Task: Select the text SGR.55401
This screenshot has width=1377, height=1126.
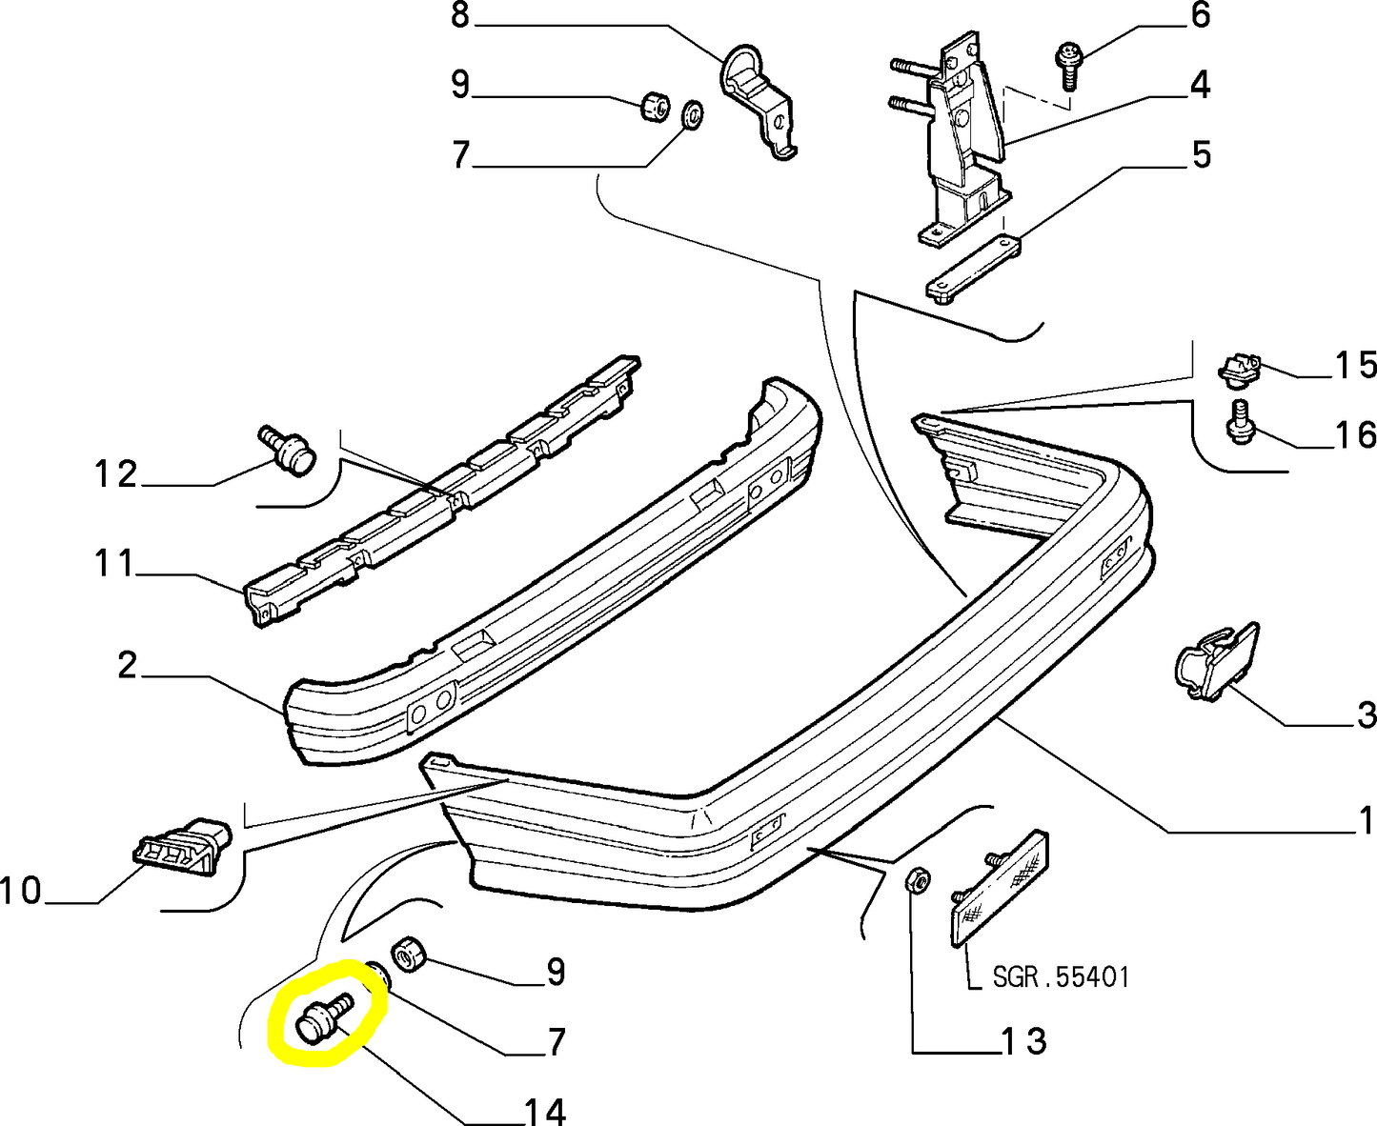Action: click(x=1061, y=977)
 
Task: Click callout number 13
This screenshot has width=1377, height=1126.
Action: click(x=1023, y=1040)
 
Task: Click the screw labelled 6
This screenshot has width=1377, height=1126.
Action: click(x=1067, y=65)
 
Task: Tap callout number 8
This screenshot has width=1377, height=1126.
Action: click(x=460, y=15)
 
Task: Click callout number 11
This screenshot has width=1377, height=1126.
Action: click(x=114, y=563)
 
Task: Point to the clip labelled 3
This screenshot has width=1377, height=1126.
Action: click(x=1216, y=662)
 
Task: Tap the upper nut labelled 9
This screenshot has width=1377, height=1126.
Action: click(x=654, y=107)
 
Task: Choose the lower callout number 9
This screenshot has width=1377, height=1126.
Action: click(x=556, y=972)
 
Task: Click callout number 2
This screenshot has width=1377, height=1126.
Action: click(x=128, y=665)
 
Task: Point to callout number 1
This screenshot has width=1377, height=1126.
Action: click(x=1366, y=820)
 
